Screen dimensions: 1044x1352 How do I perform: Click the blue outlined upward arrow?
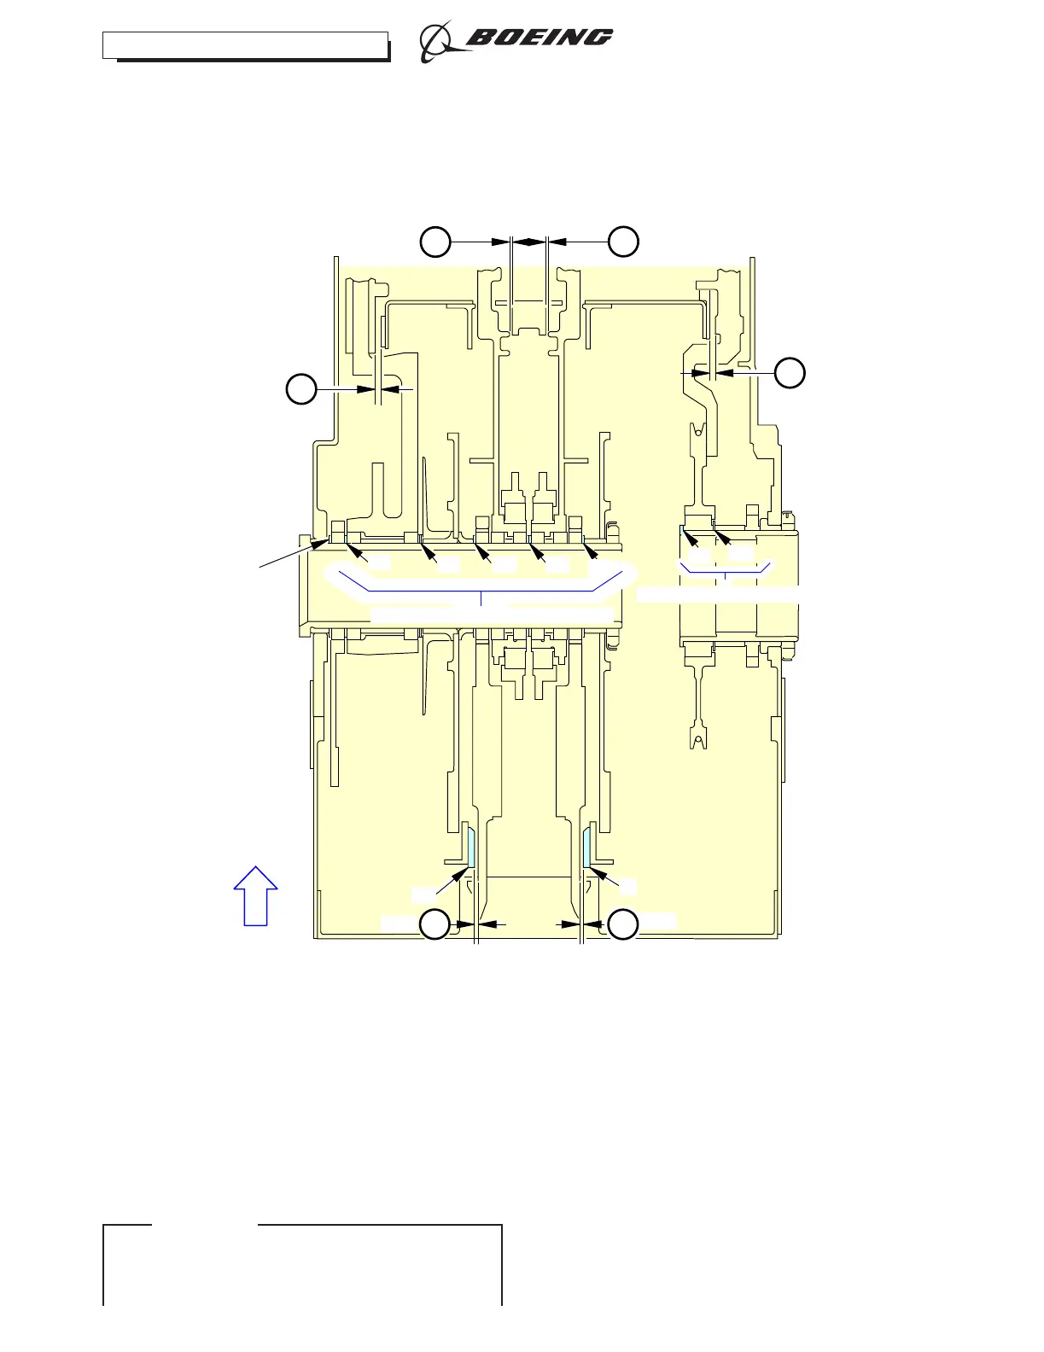pyautogui.click(x=256, y=895)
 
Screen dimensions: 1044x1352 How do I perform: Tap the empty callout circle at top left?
pyautogui.click(x=435, y=242)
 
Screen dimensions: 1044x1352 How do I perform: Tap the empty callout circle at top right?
pyautogui.click(x=624, y=242)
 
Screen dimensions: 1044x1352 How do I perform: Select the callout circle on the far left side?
pyautogui.click(x=300, y=389)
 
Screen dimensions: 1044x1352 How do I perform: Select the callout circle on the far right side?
pyautogui.click(x=790, y=372)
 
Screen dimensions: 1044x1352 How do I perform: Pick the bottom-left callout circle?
pyautogui.click(x=435, y=924)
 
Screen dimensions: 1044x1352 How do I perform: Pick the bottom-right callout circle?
pyautogui.click(x=624, y=924)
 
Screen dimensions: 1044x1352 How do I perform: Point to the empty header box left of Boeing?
pyautogui.click(x=245, y=45)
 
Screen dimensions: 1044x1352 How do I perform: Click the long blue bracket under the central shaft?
pyautogui.click(x=481, y=589)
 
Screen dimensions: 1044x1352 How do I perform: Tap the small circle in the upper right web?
pyautogui.click(x=698, y=433)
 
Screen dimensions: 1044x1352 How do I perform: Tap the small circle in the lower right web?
pyautogui.click(x=698, y=739)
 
